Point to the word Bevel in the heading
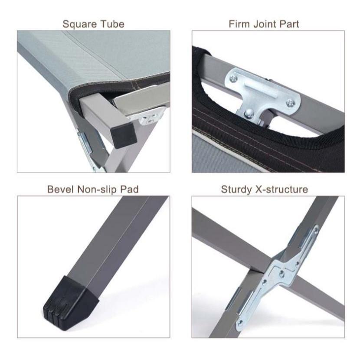pyautogui.click(x=61, y=190)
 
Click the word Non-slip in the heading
pyautogui.click(x=97, y=190)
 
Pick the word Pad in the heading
pyautogui.click(x=130, y=190)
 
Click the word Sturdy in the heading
pyautogui.click(x=236, y=190)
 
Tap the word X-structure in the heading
pyautogui.click(x=281, y=190)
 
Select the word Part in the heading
pyautogui.click(x=289, y=24)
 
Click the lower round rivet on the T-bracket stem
pyautogui.click(x=249, y=113)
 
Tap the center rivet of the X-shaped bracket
pyautogui.click(x=281, y=273)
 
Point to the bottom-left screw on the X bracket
pyautogui.click(x=240, y=323)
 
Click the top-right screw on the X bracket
pyautogui.click(x=316, y=229)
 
